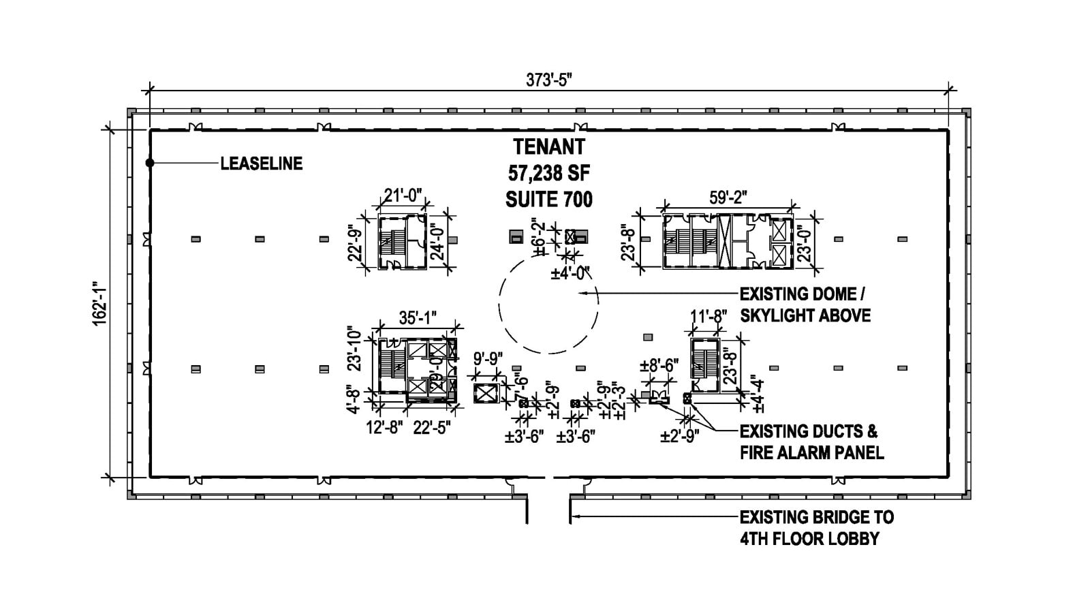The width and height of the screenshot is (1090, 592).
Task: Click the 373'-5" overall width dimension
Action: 548,80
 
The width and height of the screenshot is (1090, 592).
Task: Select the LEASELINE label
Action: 261,163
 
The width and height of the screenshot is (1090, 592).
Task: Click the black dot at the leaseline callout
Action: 150,163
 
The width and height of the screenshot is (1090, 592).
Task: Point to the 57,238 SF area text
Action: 548,173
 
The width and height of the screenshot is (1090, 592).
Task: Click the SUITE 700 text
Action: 548,200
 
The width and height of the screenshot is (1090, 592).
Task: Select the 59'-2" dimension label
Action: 728,198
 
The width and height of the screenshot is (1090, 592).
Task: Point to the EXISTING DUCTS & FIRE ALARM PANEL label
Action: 811,441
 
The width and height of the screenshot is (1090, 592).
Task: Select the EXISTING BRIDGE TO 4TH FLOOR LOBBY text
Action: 816,527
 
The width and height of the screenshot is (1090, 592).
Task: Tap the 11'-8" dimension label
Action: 706,317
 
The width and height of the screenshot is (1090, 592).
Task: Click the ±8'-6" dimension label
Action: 658,366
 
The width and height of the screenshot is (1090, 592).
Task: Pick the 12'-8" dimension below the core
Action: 384,428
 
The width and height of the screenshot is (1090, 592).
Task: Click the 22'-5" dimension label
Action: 431,428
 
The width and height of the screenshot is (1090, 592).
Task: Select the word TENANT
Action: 548,146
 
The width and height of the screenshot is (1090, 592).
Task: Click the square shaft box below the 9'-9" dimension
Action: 486,393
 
